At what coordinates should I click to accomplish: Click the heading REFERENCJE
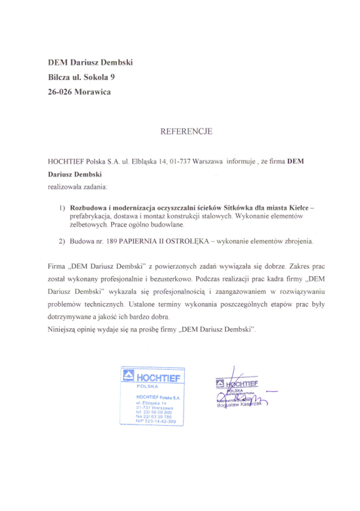click(x=186, y=131)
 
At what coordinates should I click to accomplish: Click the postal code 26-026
click(x=63, y=91)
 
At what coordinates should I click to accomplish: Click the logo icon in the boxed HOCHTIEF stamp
click(x=128, y=377)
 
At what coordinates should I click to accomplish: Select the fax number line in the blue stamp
click(x=154, y=416)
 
